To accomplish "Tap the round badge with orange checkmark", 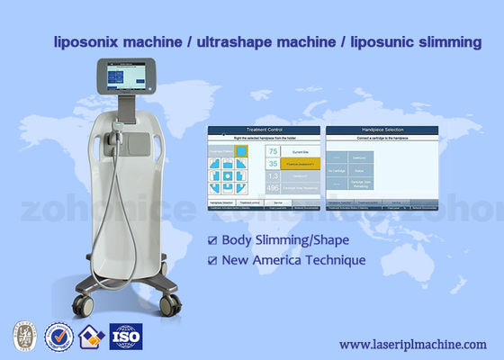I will point(58,337).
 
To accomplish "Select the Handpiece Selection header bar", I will point(382,130).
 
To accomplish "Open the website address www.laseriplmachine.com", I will point(414,344).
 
